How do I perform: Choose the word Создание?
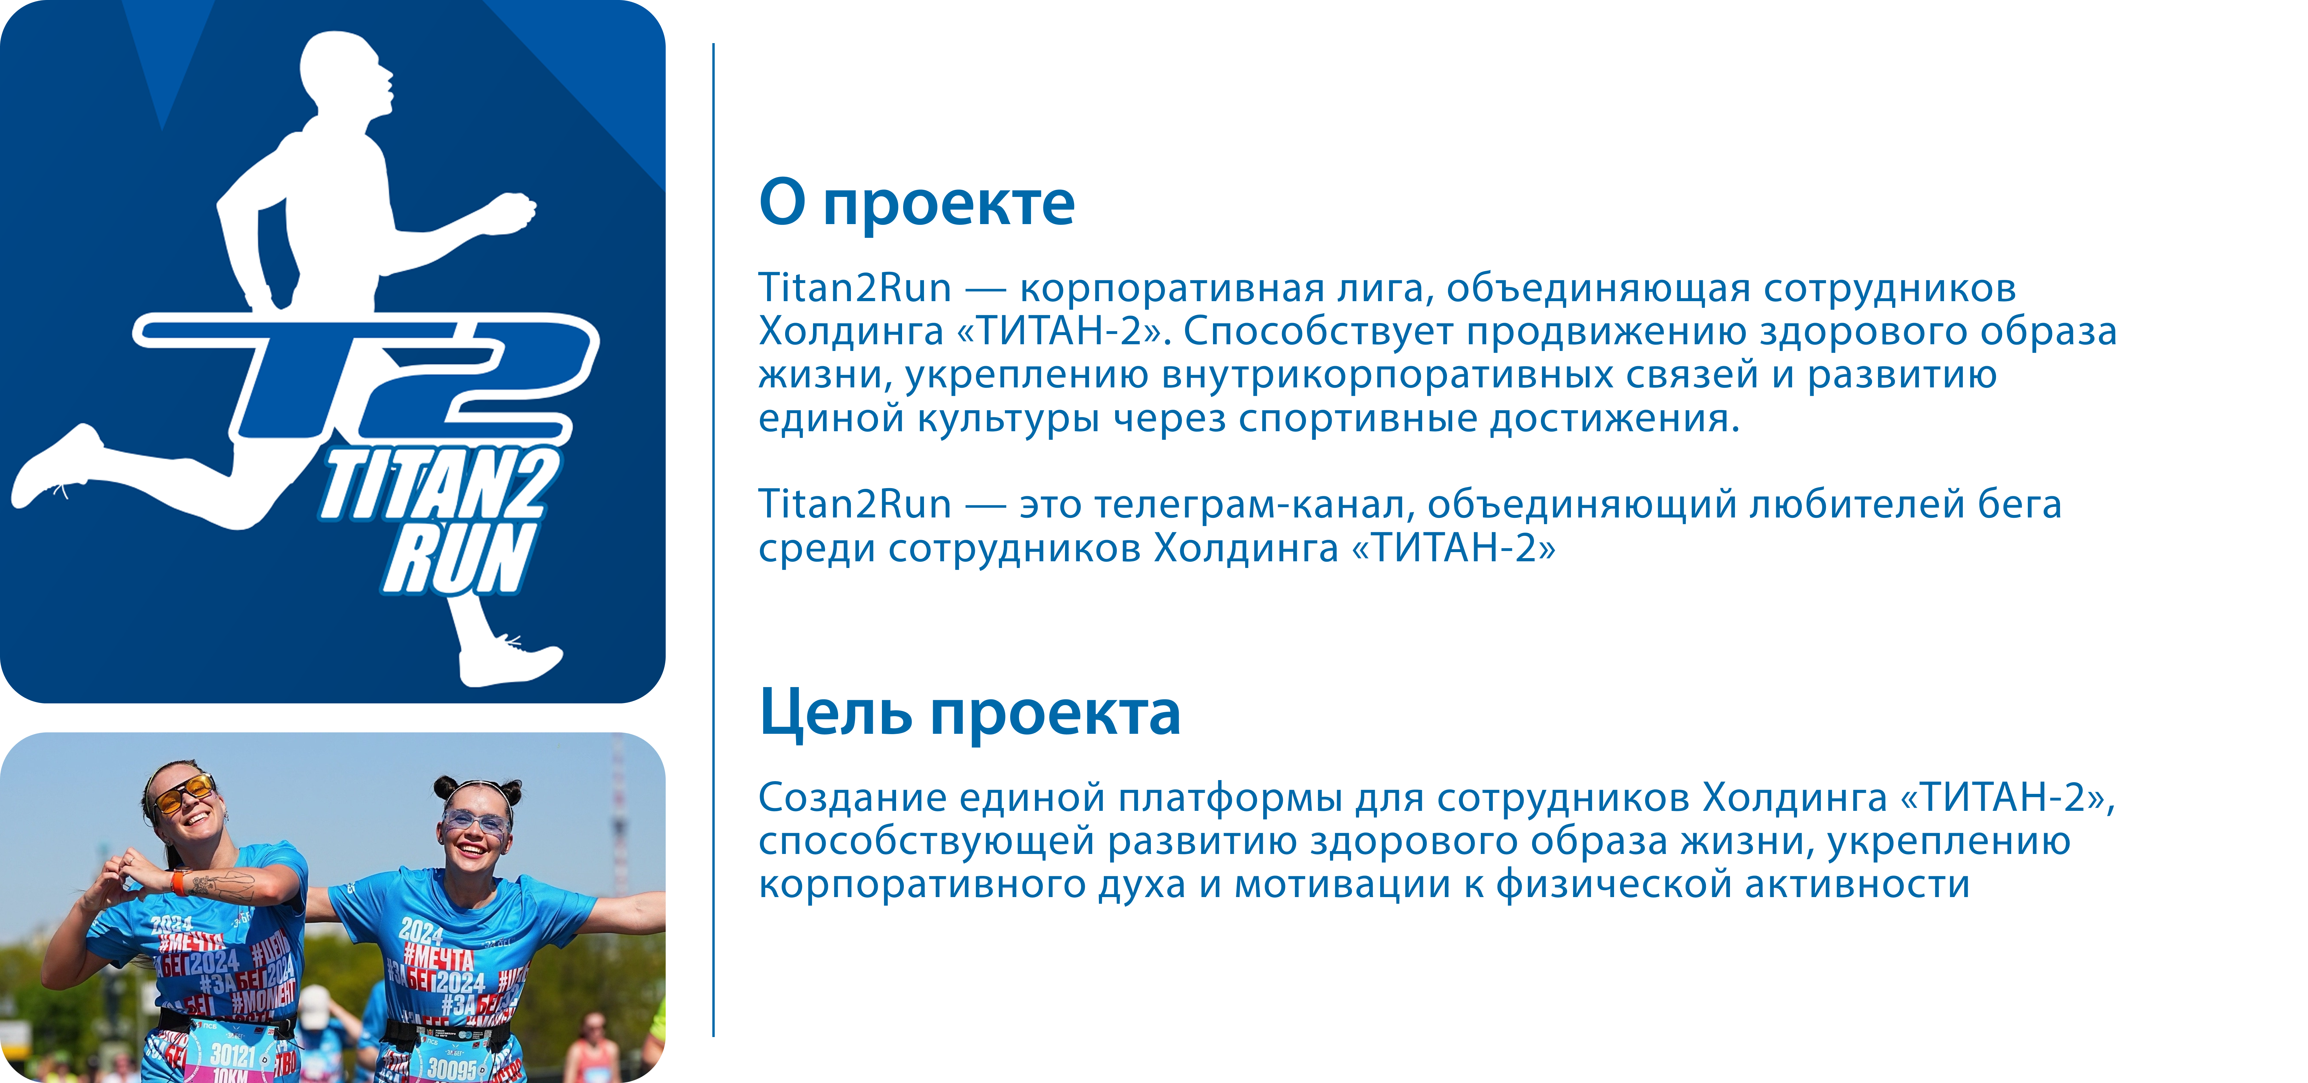853,797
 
